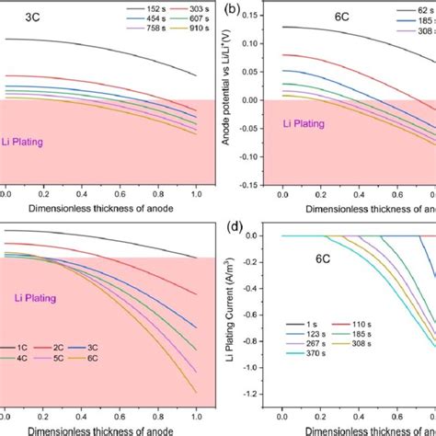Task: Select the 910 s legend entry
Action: point(189,40)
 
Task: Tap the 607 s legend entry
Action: point(189,26)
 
